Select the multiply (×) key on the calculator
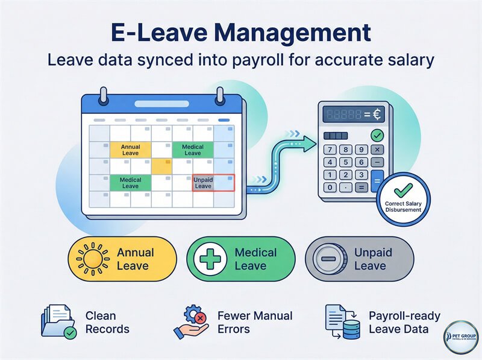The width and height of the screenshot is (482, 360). (377, 149)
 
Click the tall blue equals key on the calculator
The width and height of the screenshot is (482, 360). (377, 181)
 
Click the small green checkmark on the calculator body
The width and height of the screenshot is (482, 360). (378, 135)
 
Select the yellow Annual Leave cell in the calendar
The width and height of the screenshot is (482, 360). (130, 150)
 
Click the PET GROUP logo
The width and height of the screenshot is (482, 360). (460, 338)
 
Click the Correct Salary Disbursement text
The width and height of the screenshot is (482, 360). (402, 207)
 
